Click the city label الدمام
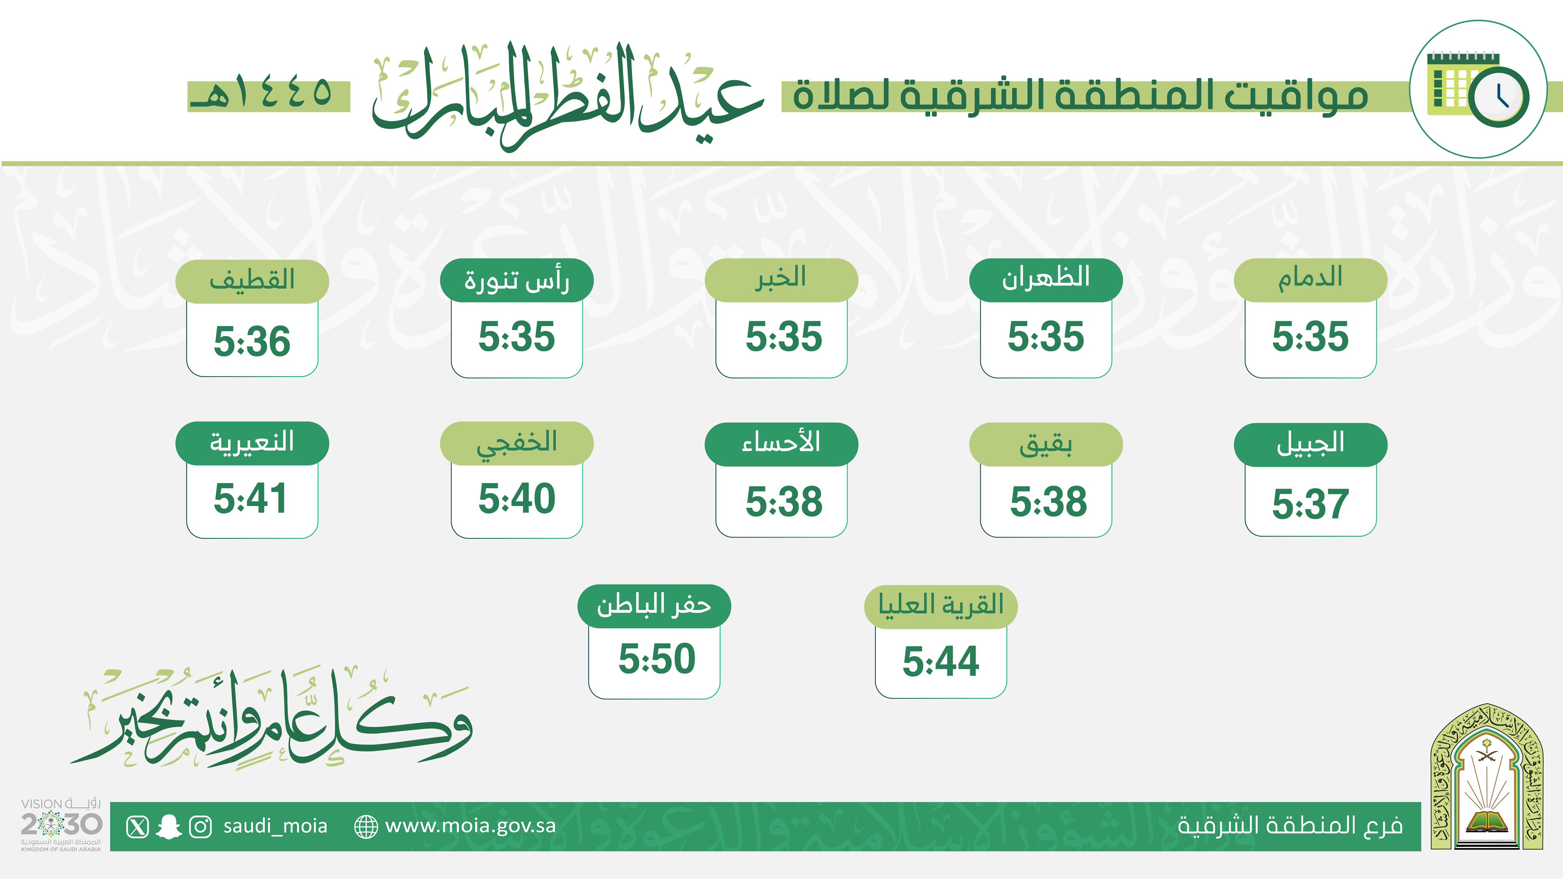click(x=1310, y=278)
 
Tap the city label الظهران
click(x=1045, y=278)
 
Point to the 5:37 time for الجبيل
click(x=1310, y=503)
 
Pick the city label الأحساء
click(x=781, y=442)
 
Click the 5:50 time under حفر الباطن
click(x=656, y=659)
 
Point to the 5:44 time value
click(x=940, y=661)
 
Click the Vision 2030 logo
click(x=60, y=825)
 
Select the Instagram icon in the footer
click(x=200, y=827)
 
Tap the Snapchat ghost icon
click(x=169, y=827)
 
